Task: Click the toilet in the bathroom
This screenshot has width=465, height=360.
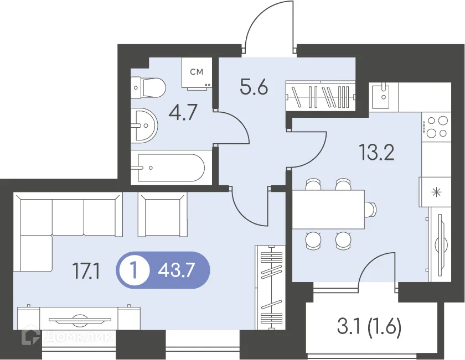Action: pos(148,88)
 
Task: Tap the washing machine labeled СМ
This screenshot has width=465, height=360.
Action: pos(197,72)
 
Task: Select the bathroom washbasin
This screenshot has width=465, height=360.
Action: pos(144,126)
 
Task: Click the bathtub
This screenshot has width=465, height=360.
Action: pos(172,168)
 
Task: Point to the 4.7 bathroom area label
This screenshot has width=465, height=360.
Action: pos(183,112)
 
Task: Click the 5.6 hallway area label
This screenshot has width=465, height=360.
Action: pos(254,87)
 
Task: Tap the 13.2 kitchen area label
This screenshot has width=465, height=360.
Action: pos(376,153)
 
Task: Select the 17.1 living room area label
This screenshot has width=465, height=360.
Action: pos(86,272)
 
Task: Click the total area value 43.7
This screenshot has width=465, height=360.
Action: pos(177,270)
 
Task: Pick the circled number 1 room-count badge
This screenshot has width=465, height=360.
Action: pos(135,270)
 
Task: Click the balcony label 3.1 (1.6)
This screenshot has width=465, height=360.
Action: pos(369,326)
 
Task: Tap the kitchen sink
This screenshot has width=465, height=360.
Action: pos(384,96)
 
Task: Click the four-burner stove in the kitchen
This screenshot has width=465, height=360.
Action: pos(436,127)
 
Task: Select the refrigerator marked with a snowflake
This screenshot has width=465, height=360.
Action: pos(435,192)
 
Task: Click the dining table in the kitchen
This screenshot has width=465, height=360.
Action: pos(328,210)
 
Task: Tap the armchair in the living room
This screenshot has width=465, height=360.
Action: pos(163,214)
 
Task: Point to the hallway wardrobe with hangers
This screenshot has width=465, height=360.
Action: pos(321,96)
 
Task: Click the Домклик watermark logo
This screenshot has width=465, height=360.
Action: pos(67,337)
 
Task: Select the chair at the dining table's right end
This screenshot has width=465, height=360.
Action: pos(371,209)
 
